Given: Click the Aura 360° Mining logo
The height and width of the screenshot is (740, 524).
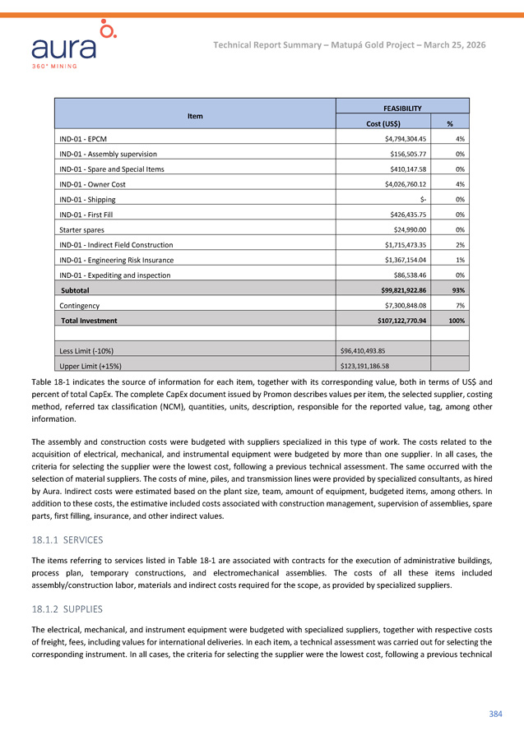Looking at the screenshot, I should pos(75,45).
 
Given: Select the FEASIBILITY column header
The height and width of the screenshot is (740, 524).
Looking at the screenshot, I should pos(403,109).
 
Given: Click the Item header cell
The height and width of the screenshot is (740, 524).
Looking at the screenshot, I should pos(195,116).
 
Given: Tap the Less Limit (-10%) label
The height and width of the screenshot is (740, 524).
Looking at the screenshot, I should pos(91,350).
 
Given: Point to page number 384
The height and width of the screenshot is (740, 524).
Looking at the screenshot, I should pos(495,713).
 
